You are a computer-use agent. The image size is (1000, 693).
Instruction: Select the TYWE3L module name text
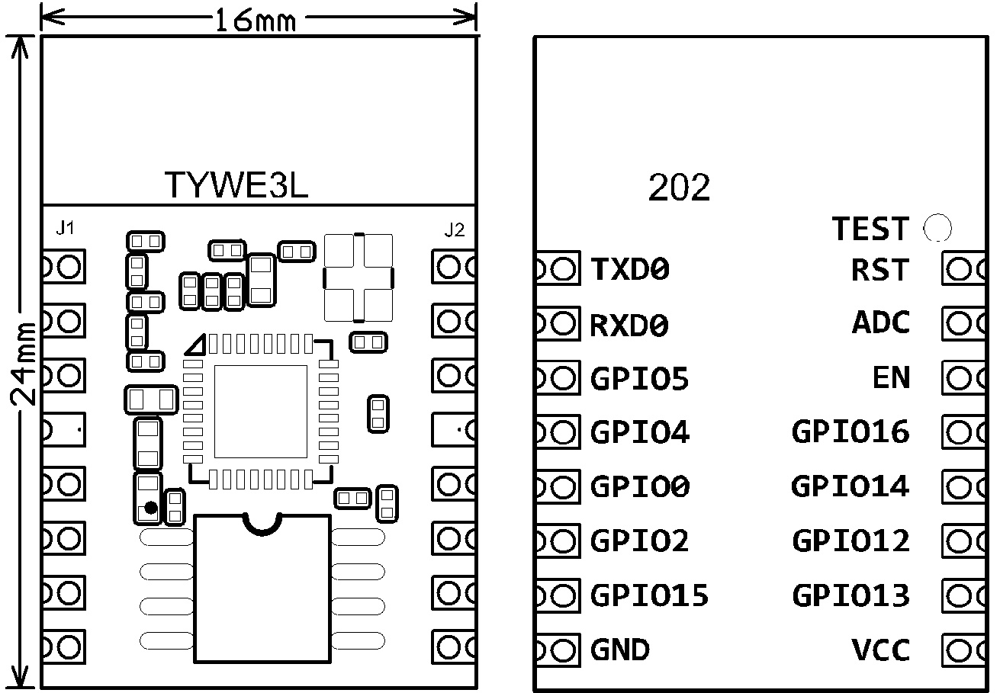(x=236, y=184)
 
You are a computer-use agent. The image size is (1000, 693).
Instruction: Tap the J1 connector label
(x=65, y=227)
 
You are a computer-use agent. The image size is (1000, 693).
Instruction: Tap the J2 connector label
(x=454, y=229)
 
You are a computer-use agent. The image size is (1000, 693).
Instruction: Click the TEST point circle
(x=937, y=228)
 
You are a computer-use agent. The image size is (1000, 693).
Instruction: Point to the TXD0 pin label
(x=630, y=269)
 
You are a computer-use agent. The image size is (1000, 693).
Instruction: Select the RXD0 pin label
(x=630, y=326)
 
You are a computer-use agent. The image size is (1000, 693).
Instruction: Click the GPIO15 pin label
(x=649, y=595)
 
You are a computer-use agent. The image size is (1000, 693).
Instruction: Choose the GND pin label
(x=619, y=650)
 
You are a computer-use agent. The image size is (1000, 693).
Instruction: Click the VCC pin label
(x=881, y=650)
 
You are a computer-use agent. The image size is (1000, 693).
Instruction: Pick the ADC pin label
(x=881, y=323)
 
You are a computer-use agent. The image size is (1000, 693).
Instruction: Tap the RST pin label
(x=881, y=269)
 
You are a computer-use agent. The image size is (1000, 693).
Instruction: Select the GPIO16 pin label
(x=850, y=432)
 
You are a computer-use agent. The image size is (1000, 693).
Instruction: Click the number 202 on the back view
(x=679, y=188)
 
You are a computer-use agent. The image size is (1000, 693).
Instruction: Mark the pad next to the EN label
(x=964, y=377)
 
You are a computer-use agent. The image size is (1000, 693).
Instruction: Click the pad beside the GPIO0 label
(x=555, y=486)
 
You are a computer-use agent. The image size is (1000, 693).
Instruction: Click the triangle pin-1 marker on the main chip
(x=196, y=345)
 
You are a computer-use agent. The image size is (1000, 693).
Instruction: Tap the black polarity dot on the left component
(x=150, y=508)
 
